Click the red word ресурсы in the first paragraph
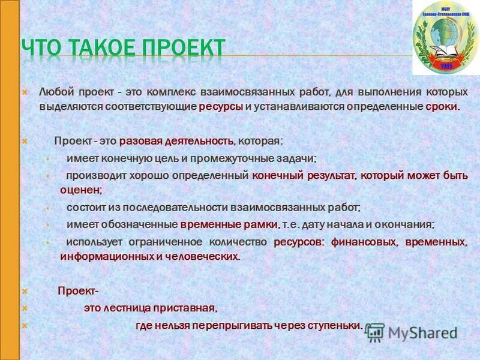click(x=220, y=107)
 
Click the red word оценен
click(x=80, y=190)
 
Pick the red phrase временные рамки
click(x=229, y=224)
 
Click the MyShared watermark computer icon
click(x=376, y=331)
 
